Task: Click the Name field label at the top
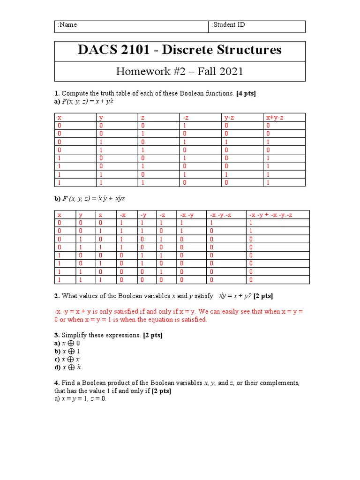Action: (67, 25)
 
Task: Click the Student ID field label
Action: (228, 25)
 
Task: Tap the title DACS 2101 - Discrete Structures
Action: (180, 50)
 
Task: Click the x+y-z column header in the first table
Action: (275, 118)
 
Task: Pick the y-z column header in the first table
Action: (231, 118)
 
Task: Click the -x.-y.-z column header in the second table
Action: (220, 215)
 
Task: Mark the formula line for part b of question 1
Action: (93, 199)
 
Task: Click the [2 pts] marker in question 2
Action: (263, 296)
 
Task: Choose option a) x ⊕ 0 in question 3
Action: (70, 343)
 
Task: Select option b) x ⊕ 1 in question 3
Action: (70, 351)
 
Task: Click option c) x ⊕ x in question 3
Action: (70, 359)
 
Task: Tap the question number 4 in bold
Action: (56, 383)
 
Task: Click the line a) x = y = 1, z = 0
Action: (80, 399)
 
